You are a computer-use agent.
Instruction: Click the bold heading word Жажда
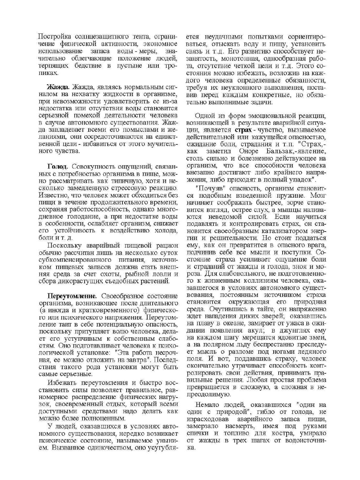tap(59, 88)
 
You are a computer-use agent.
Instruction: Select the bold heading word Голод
tap(58, 167)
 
